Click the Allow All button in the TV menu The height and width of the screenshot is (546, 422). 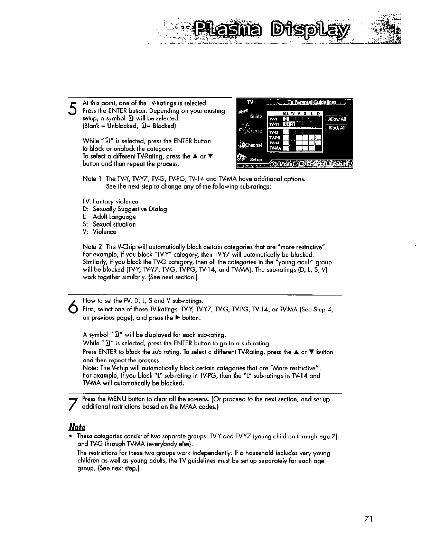[x=337, y=119]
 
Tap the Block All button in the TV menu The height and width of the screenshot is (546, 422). [x=337, y=128]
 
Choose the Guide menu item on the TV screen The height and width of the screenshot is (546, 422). [x=256, y=117]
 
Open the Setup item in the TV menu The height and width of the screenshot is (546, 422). [x=256, y=160]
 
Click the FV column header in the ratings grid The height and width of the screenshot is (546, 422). [x=292, y=113]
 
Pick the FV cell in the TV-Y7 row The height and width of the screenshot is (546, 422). [x=292, y=124]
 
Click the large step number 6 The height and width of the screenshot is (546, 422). [x=73, y=306]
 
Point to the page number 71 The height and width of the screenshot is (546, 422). [x=368, y=519]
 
